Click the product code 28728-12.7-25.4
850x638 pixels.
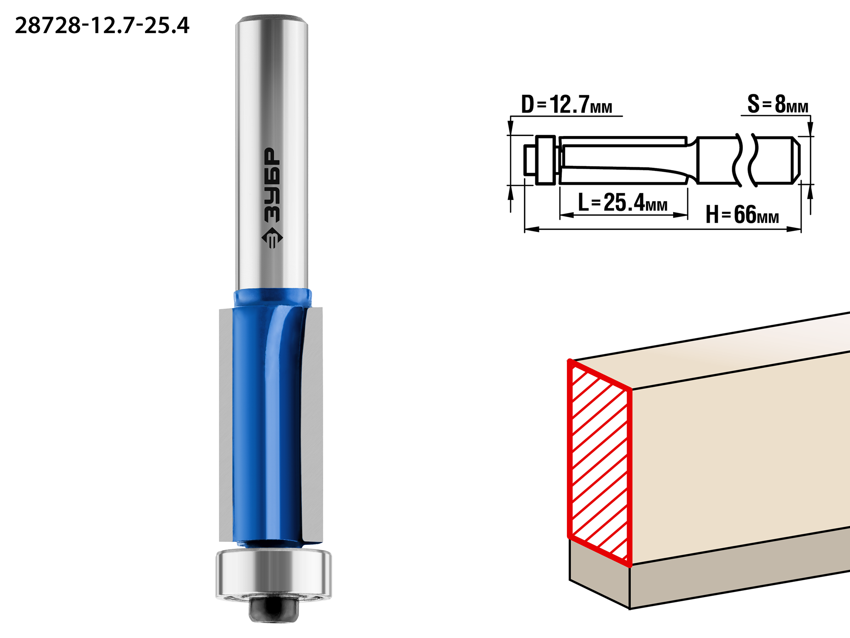pyautogui.click(x=102, y=26)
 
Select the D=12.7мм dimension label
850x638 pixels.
pyautogui.click(x=567, y=105)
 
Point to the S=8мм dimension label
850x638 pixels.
pyautogui.click(x=778, y=104)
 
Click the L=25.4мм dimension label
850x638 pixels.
pyautogui.click(x=623, y=202)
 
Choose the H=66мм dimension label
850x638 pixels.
pyautogui.click(x=742, y=214)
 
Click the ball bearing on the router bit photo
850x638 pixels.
pyautogui.click(x=274, y=574)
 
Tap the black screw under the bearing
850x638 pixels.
pyautogui.click(x=274, y=609)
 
